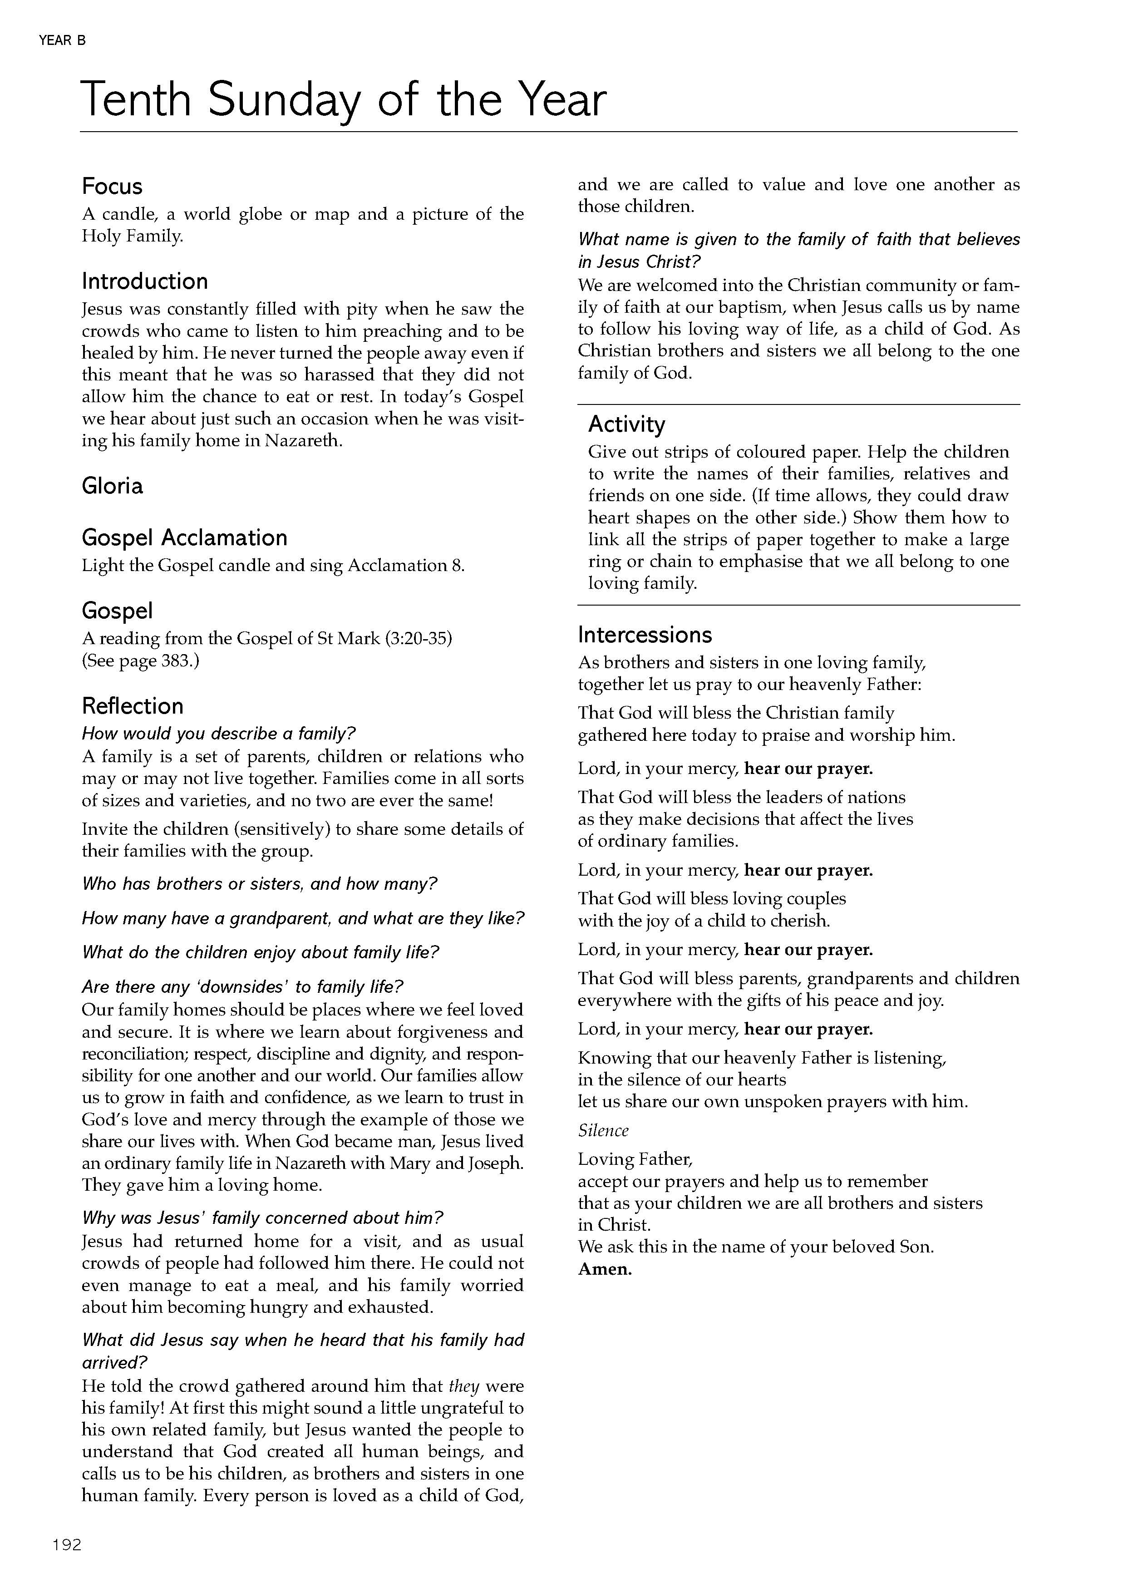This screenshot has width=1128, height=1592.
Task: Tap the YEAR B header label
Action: pyautogui.click(x=63, y=41)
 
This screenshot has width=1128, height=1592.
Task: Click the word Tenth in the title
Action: pyautogui.click(x=135, y=99)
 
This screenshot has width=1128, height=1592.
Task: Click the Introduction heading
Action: pyautogui.click(x=144, y=281)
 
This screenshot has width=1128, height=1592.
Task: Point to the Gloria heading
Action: pyautogui.click(x=112, y=486)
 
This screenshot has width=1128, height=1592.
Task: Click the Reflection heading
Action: pyautogui.click(x=133, y=706)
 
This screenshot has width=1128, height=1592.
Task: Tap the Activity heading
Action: pyautogui.click(x=626, y=424)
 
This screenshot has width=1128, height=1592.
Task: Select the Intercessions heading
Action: pyautogui.click(x=645, y=635)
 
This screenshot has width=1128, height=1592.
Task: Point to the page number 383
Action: pyautogui.click(x=177, y=660)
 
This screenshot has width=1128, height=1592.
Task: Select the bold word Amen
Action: pyautogui.click(x=604, y=1269)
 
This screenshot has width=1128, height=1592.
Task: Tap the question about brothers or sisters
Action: pyautogui.click(x=260, y=884)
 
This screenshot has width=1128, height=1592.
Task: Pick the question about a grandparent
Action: pyautogui.click(x=303, y=918)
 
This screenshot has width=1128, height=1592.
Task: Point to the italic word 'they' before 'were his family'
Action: pyautogui.click(x=464, y=1386)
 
